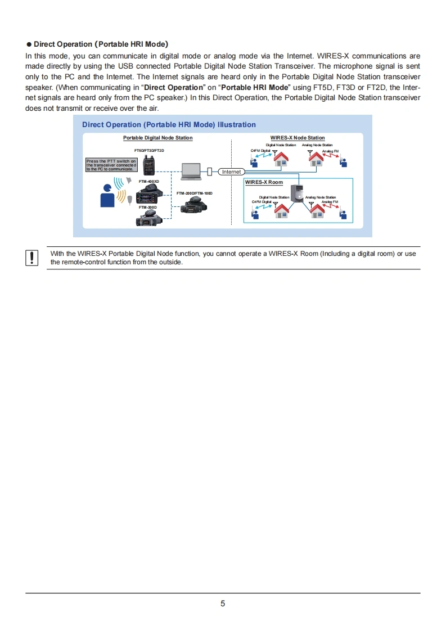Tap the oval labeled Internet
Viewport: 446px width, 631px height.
click(231, 172)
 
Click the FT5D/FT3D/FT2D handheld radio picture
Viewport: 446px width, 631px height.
click(149, 164)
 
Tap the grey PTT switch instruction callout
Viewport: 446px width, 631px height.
click(110, 165)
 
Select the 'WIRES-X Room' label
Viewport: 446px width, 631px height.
click(264, 182)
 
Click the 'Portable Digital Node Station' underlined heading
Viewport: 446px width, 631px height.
click(157, 138)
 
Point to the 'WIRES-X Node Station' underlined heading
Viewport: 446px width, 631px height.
click(297, 138)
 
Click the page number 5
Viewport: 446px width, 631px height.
click(223, 603)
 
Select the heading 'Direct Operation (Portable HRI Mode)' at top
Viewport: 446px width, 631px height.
click(101, 44)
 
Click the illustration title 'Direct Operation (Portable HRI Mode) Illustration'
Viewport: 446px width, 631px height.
click(169, 125)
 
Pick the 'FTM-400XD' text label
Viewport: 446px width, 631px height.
click(149, 182)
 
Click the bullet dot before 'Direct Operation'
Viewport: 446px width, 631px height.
click(29, 44)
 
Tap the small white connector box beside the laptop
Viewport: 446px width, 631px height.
click(209, 171)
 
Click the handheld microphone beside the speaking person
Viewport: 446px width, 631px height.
click(130, 199)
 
